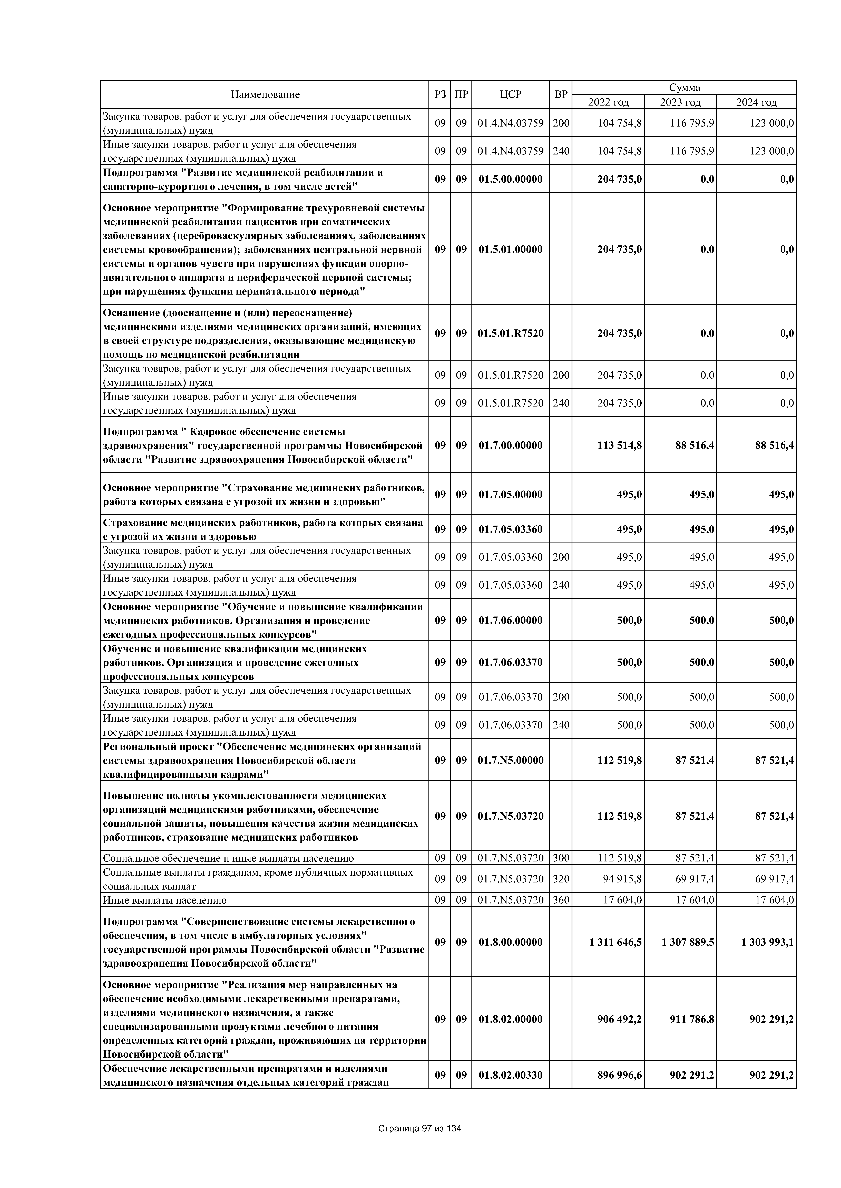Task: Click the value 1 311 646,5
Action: pyautogui.click(x=615, y=942)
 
